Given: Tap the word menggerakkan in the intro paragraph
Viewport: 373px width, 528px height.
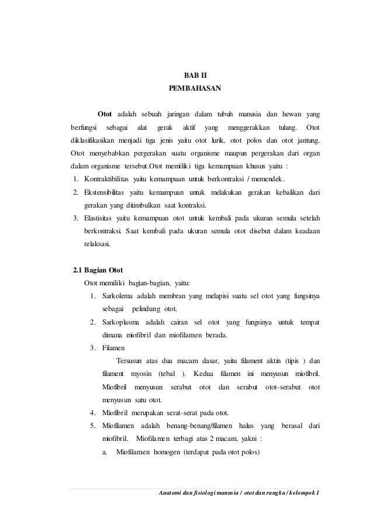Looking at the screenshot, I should (248, 127).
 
